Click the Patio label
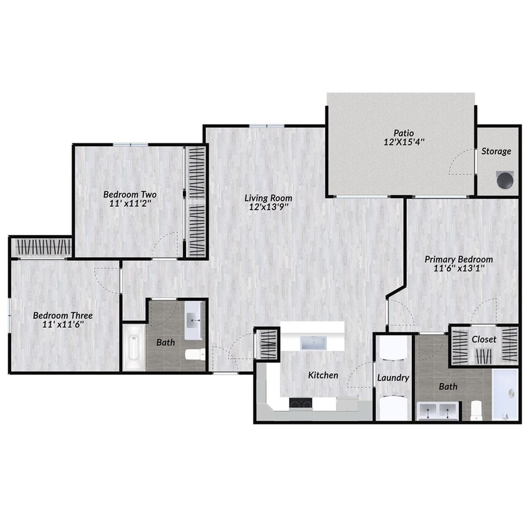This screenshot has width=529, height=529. tap(404, 132)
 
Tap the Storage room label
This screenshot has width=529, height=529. tap(496, 151)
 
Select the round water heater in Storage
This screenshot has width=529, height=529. tap(505, 179)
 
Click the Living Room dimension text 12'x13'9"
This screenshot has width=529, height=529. tap(268, 207)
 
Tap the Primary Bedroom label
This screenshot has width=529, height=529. tap(458, 259)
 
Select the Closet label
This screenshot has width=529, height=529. tap(484, 339)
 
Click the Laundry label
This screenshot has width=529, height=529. tap(393, 378)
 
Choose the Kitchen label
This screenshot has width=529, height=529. tap(323, 375)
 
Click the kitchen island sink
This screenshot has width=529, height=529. tap(312, 342)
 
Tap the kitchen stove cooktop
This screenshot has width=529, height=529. tap(301, 403)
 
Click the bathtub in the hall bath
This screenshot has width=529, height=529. tap(134, 347)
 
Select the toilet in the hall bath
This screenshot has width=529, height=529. tap(195, 355)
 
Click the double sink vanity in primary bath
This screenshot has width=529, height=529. tap(440, 411)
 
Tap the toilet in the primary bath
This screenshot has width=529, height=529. tap(476, 411)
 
